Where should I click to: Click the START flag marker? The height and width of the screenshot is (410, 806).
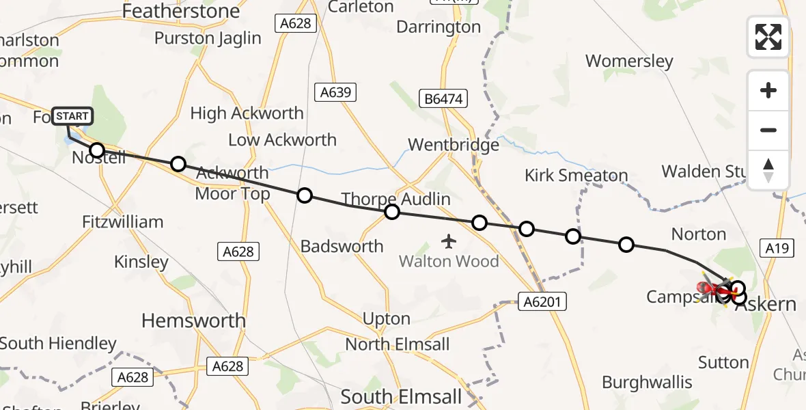click(x=72, y=116)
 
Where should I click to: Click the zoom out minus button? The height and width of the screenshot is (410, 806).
click(x=768, y=130)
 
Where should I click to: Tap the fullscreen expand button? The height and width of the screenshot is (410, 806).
click(x=768, y=37)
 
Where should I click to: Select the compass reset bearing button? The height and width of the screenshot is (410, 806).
click(x=768, y=169)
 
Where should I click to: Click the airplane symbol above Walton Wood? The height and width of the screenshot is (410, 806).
click(x=449, y=241)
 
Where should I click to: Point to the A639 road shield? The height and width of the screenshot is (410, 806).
click(x=335, y=92)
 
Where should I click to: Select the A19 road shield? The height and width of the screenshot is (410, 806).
click(x=777, y=248)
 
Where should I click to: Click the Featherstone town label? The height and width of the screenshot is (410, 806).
click(x=181, y=12)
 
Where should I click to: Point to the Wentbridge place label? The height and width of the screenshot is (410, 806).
click(x=454, y=145)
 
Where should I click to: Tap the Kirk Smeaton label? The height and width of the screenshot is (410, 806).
click(x=576, y=176)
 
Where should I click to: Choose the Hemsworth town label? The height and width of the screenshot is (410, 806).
click(x=193, y=320)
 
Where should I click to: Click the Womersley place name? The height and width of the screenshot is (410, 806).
click(x=629, y=61)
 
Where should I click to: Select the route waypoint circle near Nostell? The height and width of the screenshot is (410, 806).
click(x=97, y=150)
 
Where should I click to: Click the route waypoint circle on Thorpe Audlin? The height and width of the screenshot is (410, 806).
click(x=391, y=212)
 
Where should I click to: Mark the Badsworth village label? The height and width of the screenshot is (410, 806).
click(x=342, y=246)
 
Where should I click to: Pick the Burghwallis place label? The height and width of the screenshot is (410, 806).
click(x=647, y=382)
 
